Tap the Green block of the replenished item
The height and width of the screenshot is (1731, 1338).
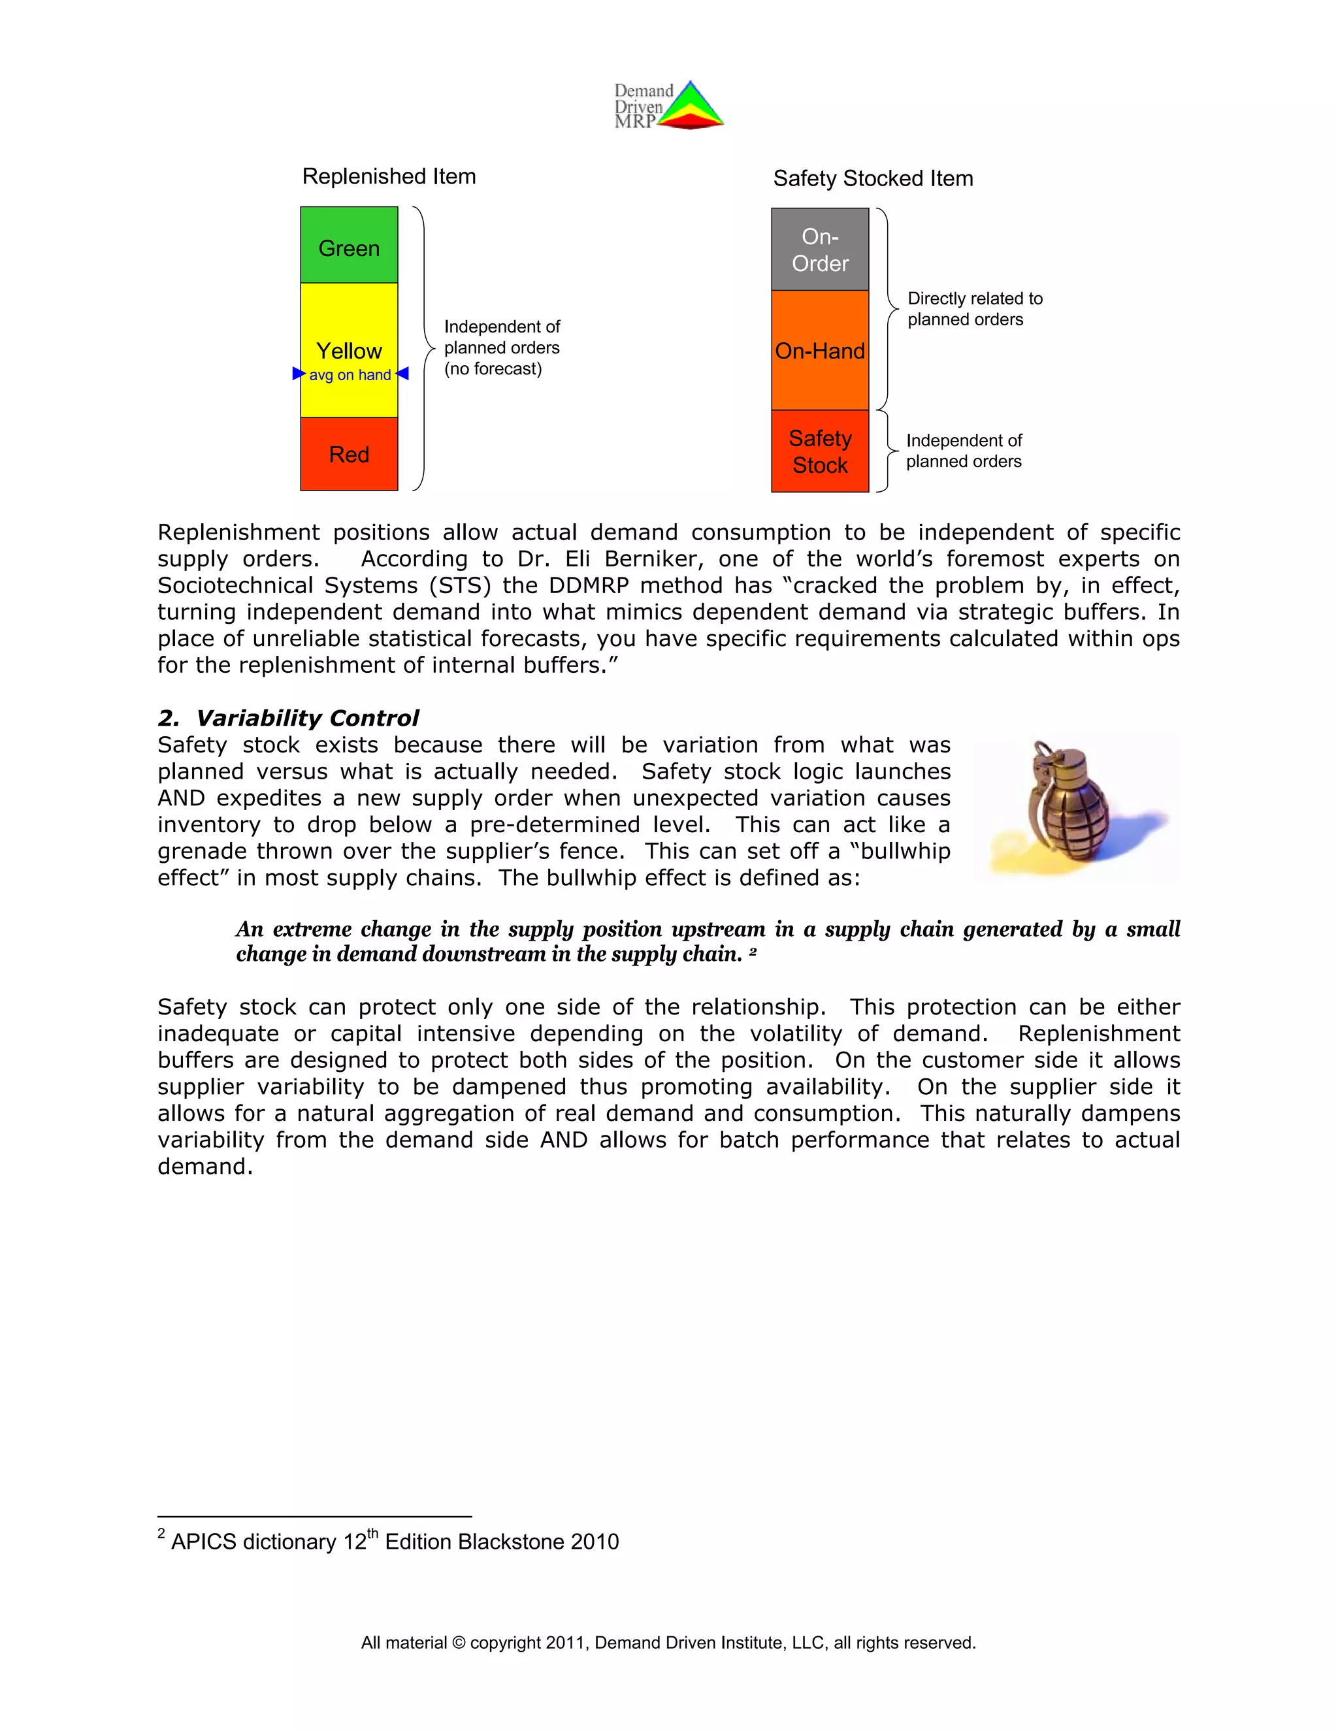coord(349,246)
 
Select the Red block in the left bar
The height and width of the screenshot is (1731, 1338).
coord(349,454)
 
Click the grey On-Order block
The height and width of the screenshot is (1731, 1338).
coord(820,250)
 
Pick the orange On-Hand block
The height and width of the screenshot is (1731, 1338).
coord(820,350)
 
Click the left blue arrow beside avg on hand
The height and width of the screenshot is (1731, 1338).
coord(299,373)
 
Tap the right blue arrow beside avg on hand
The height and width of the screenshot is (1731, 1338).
coord(402,373)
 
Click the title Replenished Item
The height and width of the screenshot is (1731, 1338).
coord(389,176)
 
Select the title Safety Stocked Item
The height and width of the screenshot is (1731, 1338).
coord(873,178)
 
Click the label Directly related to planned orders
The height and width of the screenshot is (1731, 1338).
coord(974,309)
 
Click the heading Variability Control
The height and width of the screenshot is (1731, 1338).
coord(307,718)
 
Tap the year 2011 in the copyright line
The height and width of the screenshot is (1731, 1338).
coord(565,1643)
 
